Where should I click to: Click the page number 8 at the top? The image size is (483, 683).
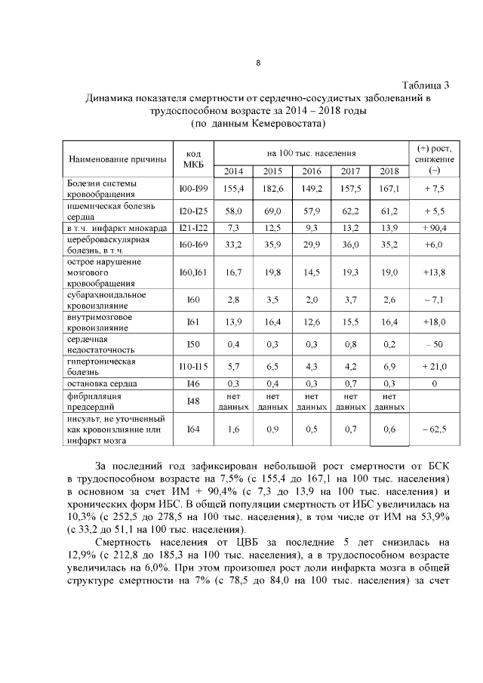[258, 62]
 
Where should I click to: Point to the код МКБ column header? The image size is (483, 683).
[192, 159]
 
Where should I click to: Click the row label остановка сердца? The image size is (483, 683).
[102, 384]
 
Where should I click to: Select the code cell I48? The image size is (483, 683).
[192, 401]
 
